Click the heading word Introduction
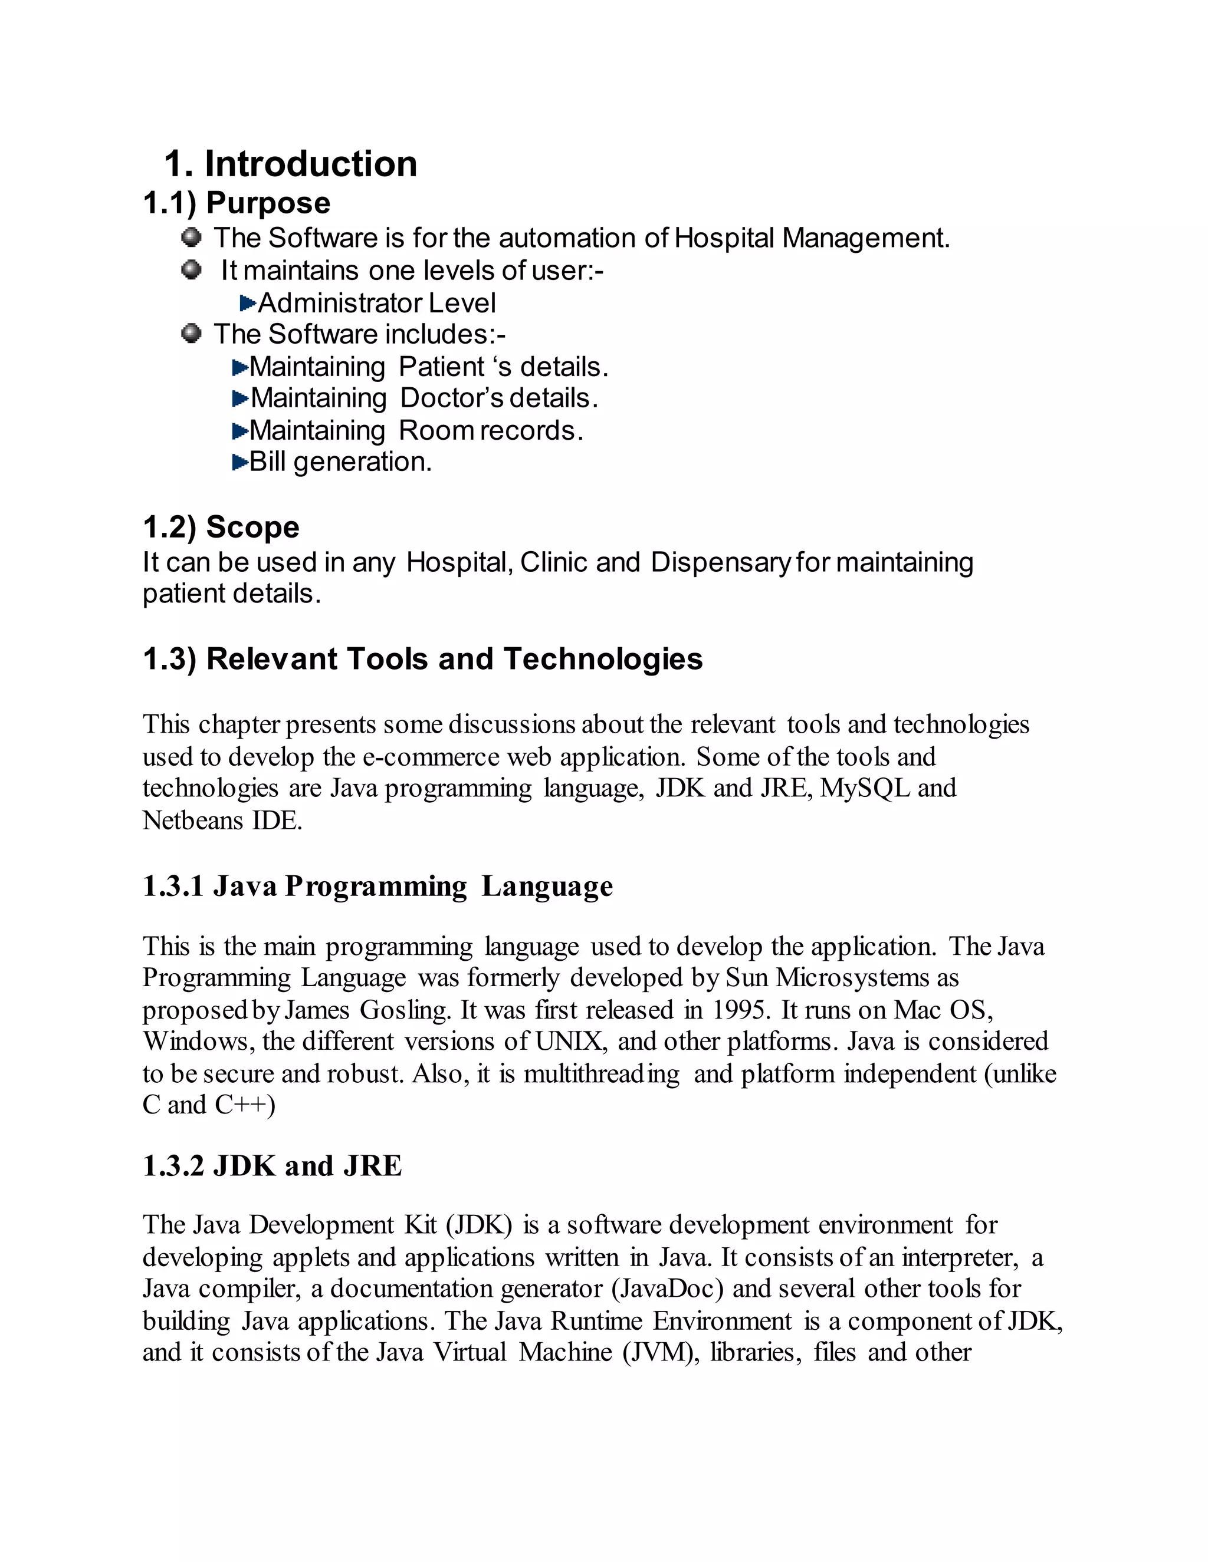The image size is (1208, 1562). (x=311, y=164)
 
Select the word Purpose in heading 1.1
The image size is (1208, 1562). (x=268, y=203)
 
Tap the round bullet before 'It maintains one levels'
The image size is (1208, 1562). (x=191, y=269)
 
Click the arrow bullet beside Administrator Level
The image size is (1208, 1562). (x=248, y=303)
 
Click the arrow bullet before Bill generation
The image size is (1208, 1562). (x=239, y=462)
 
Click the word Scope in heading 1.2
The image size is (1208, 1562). (x=252, y=527)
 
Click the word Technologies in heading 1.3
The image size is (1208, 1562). (x=603, y=659)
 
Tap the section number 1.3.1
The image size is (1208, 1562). (x=173, y=886)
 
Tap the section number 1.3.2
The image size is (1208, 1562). (x=173, y=1166)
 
